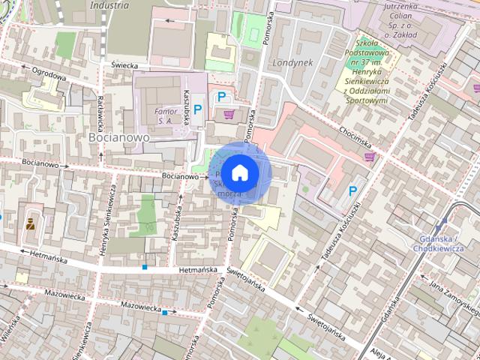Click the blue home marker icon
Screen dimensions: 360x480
click(239, 172)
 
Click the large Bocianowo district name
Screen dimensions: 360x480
click(118, 138)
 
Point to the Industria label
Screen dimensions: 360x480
click(109, 4)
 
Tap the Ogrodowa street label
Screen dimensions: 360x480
click(49, 75)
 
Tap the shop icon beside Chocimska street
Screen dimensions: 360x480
click(369, 157)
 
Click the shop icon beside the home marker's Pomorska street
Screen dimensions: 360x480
click(229, 114)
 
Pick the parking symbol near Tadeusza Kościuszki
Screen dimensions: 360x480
click(352, 191)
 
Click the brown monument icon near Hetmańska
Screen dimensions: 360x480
click(31, 223)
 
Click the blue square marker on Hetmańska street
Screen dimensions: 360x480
click(145, 266)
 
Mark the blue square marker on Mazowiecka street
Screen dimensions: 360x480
click(175, 312)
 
